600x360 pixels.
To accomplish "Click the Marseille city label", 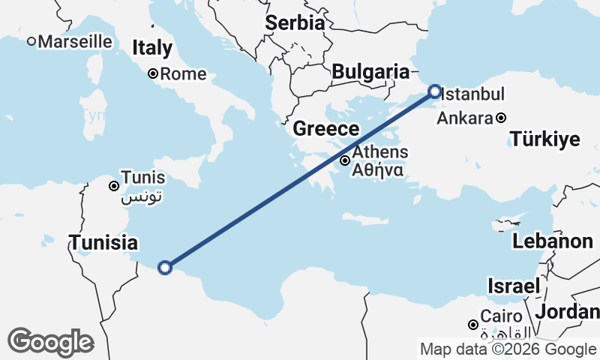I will point(74,42).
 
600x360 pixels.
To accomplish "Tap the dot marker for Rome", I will point(152,73).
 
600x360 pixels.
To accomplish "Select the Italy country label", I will point(152,49).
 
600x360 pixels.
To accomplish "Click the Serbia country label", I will point(295,22).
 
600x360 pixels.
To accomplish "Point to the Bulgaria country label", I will point(370,72).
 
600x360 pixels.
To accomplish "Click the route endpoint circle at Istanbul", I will point(435,92).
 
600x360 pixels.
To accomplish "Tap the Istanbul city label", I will point(472,94).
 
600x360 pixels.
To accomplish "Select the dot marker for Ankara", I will point(501,118).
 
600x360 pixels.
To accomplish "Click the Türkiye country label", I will point(545,139).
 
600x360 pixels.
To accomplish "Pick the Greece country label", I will point(326,128).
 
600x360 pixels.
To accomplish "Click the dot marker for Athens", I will point(345,160).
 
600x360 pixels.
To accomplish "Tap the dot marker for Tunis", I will point(114,186).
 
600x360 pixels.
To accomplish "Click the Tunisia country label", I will point(103,243).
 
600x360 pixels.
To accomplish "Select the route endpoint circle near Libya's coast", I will point(165,267).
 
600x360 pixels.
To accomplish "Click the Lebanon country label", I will point(553,241).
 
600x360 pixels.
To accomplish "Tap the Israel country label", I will point(514,286).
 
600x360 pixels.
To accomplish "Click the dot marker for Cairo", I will point(473,325).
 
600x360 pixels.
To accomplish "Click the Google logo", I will point(50,342).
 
